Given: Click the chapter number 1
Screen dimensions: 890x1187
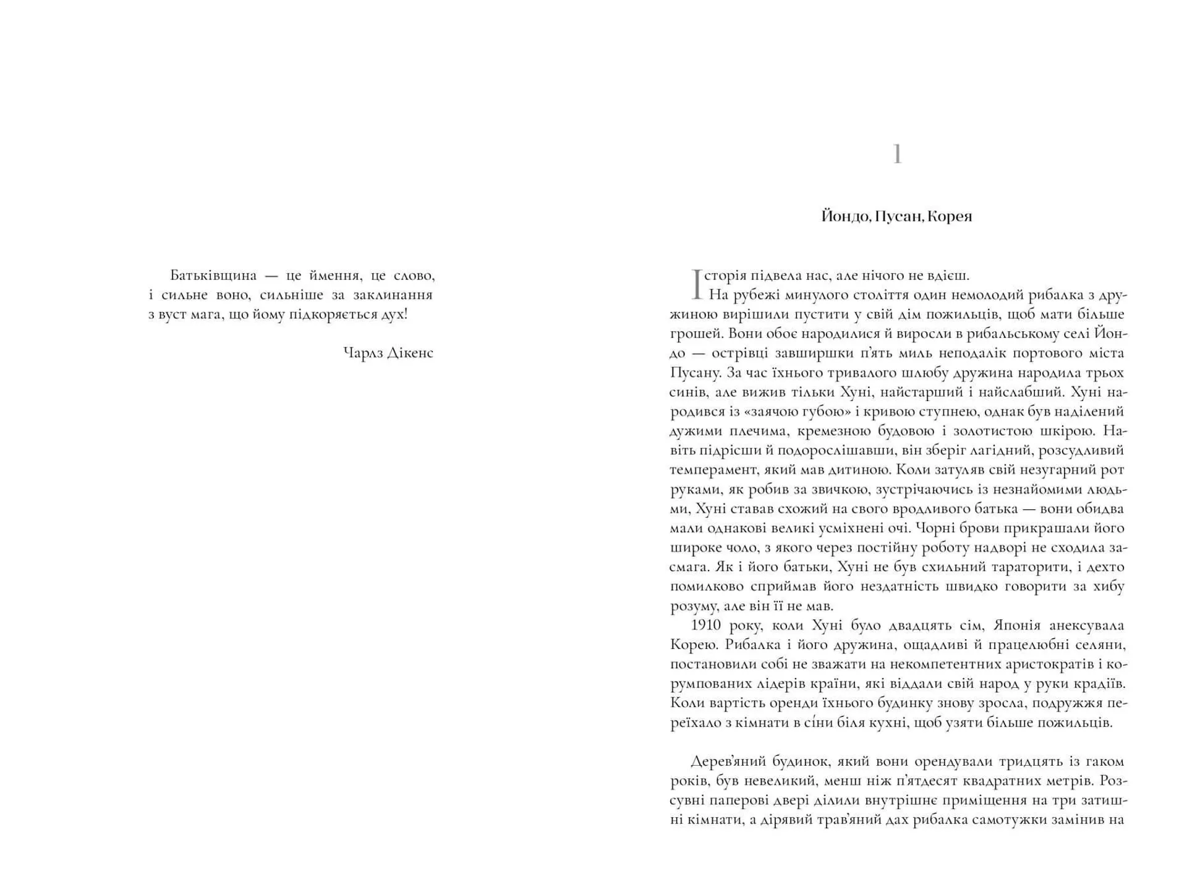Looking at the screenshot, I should pos(897,155).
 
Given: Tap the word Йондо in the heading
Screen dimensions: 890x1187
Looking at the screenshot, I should pos(846,216).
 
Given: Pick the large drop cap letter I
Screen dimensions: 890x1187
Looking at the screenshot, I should pos(696,284).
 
